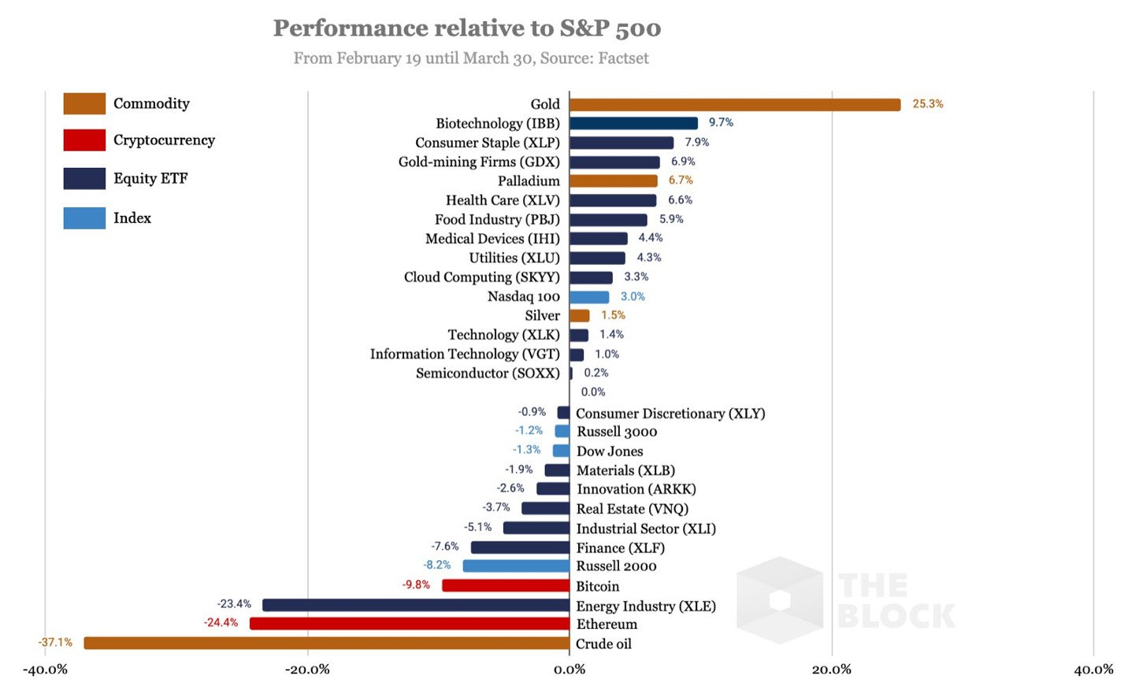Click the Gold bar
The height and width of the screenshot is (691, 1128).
(x=734, y=105)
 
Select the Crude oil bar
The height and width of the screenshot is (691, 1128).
(x=326, y=643)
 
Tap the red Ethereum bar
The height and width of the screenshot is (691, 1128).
(x=409, y=623)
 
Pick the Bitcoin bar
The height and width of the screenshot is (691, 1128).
(x=505, y=585)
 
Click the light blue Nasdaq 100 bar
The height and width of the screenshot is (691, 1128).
(x=589, y=297)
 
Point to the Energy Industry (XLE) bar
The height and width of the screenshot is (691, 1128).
(x=415, y=605)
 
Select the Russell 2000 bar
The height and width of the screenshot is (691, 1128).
(x=516, y=566)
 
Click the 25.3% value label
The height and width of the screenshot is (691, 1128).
(x=927, y=104)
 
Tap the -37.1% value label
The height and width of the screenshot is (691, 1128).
(x=55, y=642)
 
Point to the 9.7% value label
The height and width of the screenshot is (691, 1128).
(x=721, y=123)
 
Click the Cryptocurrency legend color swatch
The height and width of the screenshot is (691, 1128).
(x=84, y=140)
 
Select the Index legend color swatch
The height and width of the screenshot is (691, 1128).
(x=84, y=218)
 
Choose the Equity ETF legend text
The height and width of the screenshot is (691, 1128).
(x=150, y=179)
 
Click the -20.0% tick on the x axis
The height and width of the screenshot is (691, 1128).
(x=307, y=670)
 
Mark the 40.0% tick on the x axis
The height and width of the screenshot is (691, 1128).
(x=1093, y=670)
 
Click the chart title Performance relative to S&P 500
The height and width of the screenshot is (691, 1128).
(x=467, y=28)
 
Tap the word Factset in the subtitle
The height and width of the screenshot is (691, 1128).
(x=623, y=58)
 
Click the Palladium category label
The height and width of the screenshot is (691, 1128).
(x=529, y=181)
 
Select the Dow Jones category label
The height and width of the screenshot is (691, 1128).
(x=610, y=451)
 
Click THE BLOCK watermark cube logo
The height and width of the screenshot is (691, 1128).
(x=780, y=600)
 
